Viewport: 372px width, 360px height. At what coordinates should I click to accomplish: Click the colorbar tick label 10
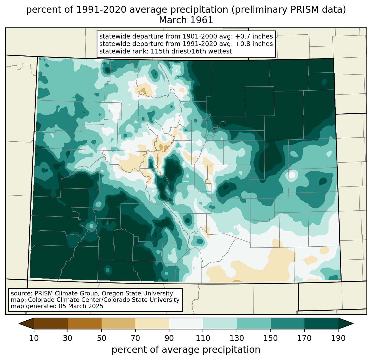coord(34,338)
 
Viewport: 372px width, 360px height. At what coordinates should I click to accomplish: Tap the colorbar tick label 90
coord(169,338)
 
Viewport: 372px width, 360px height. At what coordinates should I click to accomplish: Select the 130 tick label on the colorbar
coord(237,338)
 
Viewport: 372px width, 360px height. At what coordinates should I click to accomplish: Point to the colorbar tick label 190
coord(338,338)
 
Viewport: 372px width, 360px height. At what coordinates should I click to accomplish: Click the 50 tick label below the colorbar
coord(102,338)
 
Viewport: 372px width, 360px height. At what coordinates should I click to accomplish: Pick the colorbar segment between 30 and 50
coord(84,323)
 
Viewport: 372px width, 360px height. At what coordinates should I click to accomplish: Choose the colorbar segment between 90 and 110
coord(186,323)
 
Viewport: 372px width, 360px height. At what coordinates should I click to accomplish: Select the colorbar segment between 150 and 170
coord(287,323)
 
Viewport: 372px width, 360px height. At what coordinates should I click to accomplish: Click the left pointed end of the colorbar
coord(19,323)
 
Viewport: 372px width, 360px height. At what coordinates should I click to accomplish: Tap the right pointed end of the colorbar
coord(353,323)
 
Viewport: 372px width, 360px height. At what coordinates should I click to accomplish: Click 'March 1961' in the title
coord(186,20)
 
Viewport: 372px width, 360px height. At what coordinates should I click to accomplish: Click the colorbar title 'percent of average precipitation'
coord(186,349)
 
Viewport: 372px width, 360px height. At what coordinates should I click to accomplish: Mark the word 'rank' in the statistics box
coord(142,51)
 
